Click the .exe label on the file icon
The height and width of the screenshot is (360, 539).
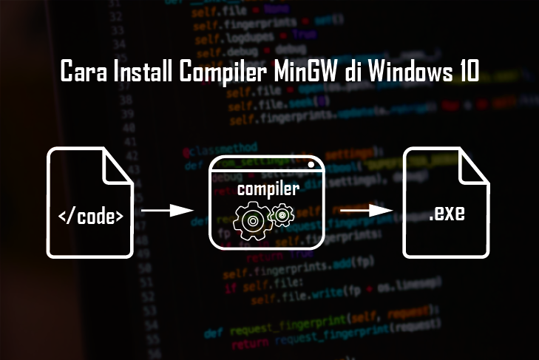click(447, 217)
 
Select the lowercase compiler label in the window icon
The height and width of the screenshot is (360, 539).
click(268, 189)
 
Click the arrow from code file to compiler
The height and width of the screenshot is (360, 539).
click(162, 211)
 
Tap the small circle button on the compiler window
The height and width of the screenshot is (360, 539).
click(312, 164)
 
